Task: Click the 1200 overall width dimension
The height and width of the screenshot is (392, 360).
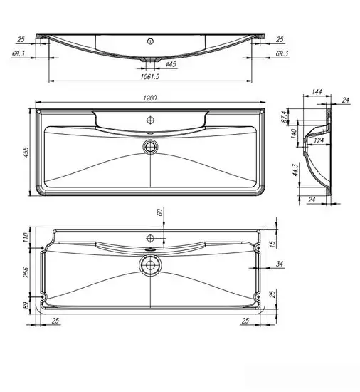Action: coord(150,98)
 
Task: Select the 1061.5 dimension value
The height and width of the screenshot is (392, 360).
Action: coord(150,76)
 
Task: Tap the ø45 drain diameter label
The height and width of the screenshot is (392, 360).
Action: coord(171,64)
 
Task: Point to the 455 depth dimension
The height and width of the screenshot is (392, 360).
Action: coord(26,153)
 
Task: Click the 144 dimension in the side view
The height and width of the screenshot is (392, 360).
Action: coord(317,92)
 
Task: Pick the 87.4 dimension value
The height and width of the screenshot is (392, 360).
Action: coord(285,117)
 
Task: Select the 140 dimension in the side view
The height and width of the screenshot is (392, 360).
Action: coord(294,134)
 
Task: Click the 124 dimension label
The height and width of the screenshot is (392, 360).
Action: coord(319,140)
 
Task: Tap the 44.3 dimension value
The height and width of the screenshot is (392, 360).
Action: coord(295,170)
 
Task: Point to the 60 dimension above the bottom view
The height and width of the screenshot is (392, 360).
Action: coord(160,212)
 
